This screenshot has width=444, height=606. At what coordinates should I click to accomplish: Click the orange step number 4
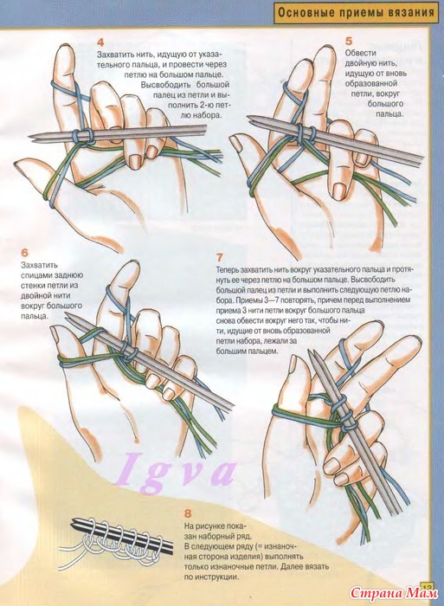(100, 42)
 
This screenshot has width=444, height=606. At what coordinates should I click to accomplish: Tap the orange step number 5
(349, 41)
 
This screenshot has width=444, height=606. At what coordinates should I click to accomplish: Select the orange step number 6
(25, 253)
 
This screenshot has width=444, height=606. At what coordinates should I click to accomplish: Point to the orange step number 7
(220, 257)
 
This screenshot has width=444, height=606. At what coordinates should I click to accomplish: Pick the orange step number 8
(188, 513)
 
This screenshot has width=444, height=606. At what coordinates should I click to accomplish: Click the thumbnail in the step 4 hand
(20, 166)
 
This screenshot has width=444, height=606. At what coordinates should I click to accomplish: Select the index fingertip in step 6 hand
(131, 267)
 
